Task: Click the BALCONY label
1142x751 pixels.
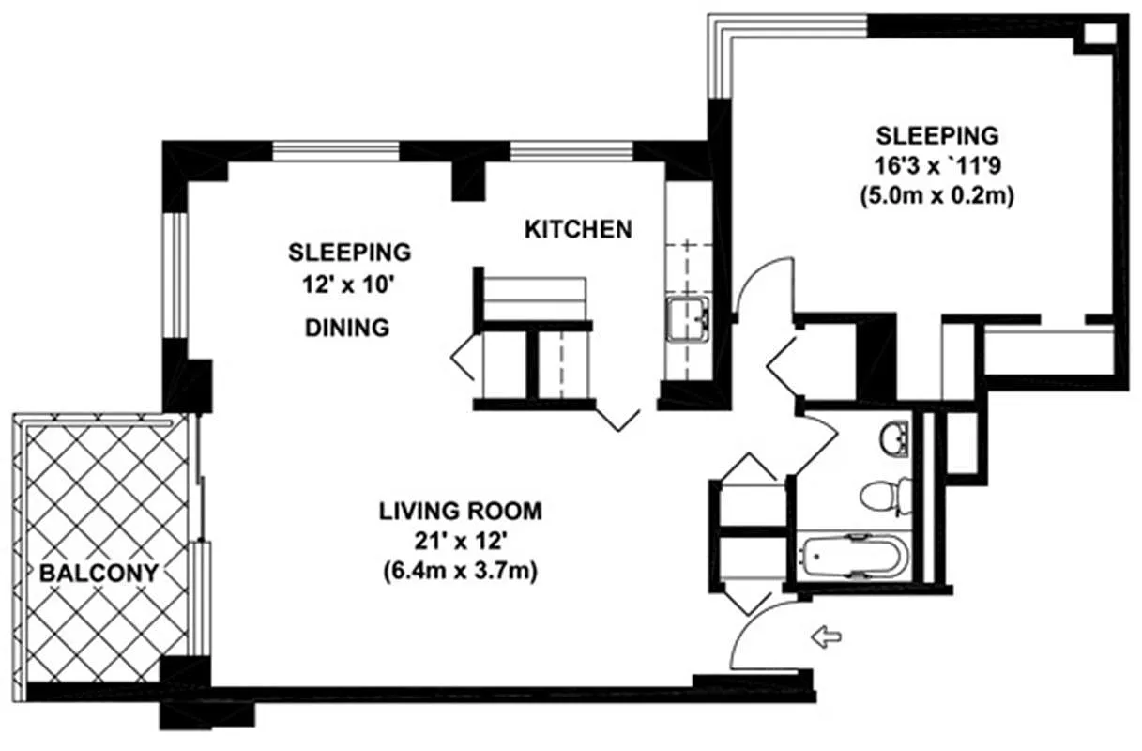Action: (x=99, y=573)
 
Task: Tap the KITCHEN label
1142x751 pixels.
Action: (x=578, y=230)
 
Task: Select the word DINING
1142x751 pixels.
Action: (x=347, y=328)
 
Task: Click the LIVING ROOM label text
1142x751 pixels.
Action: (x=461, y=512)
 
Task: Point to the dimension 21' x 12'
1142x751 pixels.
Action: (x=460, y=542)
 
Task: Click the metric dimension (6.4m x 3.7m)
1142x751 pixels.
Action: (x=461, y=572)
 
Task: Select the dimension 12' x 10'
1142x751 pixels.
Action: (x=349, y=284)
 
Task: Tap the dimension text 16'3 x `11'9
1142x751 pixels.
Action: (x=937, y=165)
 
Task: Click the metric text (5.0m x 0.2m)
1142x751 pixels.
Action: (x=937, y=196)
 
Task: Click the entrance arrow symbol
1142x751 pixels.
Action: (x=826, y=637)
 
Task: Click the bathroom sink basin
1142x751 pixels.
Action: (x=894, y=438)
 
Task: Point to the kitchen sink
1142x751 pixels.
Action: (x=688, y=319)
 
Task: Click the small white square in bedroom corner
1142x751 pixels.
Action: (x=1099, y=35)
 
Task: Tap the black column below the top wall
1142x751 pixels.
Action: (x=468, y=181)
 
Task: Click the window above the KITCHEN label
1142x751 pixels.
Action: (x=571, y=152)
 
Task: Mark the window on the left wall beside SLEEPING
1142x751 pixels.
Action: (x=176, y=274)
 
